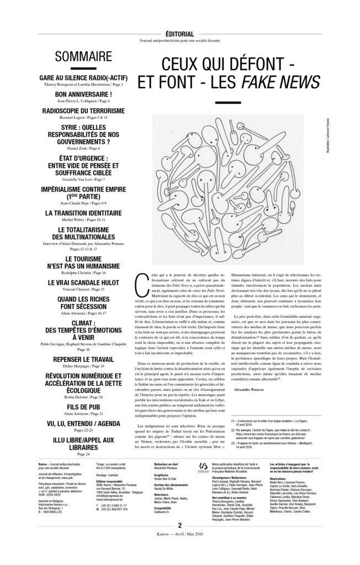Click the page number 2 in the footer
pos(180,541)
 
